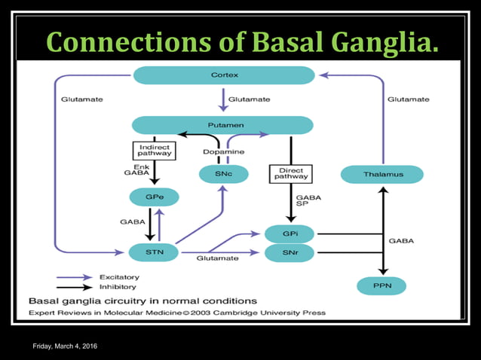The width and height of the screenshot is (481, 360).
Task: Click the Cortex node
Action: [223, 75]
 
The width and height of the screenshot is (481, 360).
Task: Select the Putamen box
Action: [222, 125]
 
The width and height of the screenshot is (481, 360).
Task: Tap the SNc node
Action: [224, 175]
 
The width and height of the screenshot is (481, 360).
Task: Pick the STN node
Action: [154, 250]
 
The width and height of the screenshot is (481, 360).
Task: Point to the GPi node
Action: [290, 234]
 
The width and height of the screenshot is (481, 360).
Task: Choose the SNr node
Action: [290, 253]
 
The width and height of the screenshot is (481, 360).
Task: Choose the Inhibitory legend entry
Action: [95, 287]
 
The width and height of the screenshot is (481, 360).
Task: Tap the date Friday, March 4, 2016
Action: [64, 346]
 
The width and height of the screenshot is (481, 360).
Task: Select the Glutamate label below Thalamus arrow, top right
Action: [408, 99]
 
